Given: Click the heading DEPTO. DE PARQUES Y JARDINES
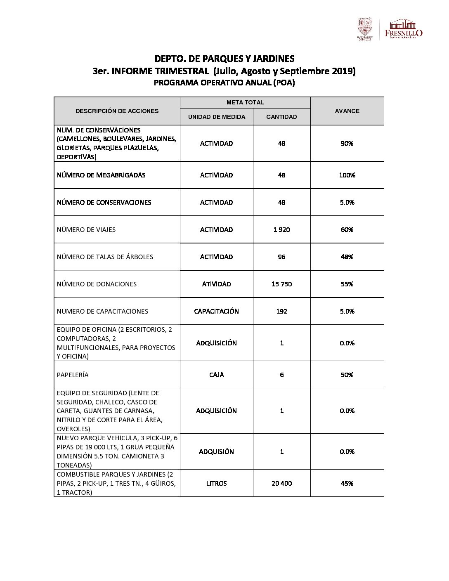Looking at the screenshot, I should pyautogui.click(x=224, y=58).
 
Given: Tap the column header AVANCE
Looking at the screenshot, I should pyautogui.click(x=347, y=111).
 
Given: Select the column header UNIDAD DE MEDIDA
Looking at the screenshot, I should pyautogui.click(x=217, y=117).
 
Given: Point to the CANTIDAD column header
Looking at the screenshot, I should pyautogui.click(x=281, y=117).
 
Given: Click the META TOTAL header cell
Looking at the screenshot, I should pyautogui.click(x=245, y=102).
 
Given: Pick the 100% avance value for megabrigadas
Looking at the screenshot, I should pyautogui.click(x=347, y=175).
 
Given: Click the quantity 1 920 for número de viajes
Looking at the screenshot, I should pyautogui.click(x=281, y=229).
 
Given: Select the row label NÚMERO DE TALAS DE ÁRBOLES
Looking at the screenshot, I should pyautogui.click(x=105, y=257).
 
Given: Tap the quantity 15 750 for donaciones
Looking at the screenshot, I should pyautogui.click(x=281, y=284).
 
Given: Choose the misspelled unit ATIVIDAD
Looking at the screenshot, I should pyautogui.click(x=217, y=284).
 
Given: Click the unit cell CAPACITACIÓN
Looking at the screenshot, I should pyautogui.click(x=217, y=311).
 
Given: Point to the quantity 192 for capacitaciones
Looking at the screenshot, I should pyautogui.click(x=281, y=311).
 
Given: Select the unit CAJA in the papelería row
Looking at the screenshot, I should pyautogui.click(x=217, y=375).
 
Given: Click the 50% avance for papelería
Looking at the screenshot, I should pyautogui.click(x=347, y=375).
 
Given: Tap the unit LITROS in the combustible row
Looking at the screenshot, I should pyautogui.click(x=217, y=483).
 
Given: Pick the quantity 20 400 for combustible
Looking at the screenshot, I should pyautogui.click(x=281, y=483).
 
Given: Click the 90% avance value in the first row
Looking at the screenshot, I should pyautogui.click(x=347, y=143).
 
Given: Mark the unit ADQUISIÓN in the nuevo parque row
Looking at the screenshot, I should pyautogui.click(x=217, y=451).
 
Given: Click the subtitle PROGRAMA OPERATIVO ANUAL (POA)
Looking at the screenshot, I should pyautogui.click(x=224, y=83).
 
